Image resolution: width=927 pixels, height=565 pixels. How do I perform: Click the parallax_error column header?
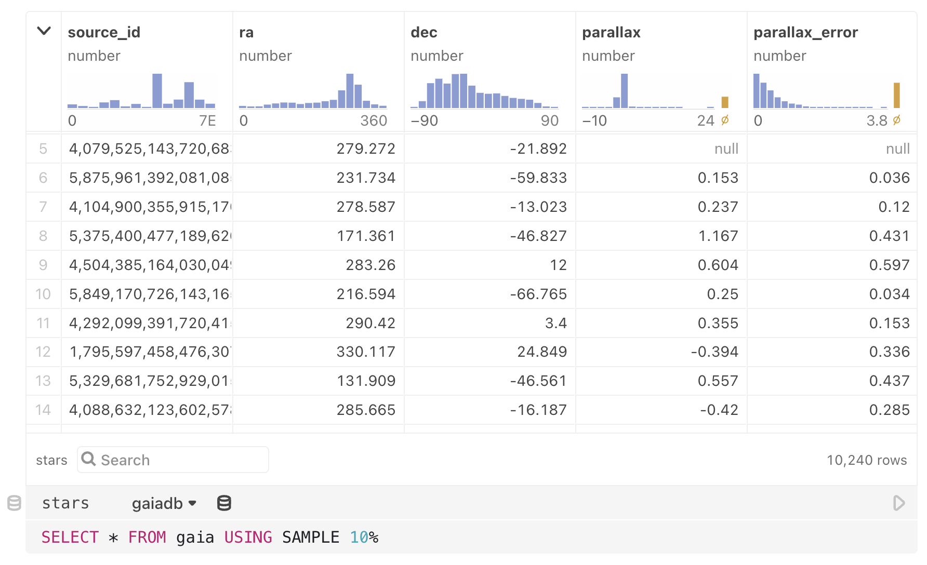[x=805, y=32]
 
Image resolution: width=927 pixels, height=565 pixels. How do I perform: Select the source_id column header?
[x=104, y=32]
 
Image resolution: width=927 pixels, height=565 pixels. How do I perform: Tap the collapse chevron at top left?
[x=44, y=31]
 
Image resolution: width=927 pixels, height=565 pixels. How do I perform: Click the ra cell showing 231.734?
[x=365, y=178]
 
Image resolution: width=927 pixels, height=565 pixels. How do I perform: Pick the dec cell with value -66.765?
[x=538, y=294]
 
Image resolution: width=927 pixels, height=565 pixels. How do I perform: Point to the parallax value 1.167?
[x=718, y=236]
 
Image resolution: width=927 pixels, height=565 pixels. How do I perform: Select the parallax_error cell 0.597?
[x=889, y=265]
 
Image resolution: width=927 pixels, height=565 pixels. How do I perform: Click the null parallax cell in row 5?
[x=726, y=149]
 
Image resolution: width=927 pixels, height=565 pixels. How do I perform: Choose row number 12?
[x=43, y=352]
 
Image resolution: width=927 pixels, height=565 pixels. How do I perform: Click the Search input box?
[x=177, y=460]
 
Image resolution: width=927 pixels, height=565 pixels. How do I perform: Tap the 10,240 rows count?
[x=866, y=460]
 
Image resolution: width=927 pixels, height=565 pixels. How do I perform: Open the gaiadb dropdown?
[x=164, y=503]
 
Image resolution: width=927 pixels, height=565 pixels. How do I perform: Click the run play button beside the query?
[x=899, y=503]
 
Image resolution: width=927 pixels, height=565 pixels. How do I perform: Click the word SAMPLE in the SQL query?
[x=310, y=537]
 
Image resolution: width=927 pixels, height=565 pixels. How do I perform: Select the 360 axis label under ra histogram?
[x=374, y=121]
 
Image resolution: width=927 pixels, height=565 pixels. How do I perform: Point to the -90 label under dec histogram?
[x=425, y=121]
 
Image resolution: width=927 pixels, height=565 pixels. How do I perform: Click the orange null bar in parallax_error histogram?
[x=896, y=95]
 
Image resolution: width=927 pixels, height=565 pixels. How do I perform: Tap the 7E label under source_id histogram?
[x=207, y=121]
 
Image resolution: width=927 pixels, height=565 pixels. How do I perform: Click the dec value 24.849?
[x=541, y=352]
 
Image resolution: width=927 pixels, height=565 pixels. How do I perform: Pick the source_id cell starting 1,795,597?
[x=150, y=352]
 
